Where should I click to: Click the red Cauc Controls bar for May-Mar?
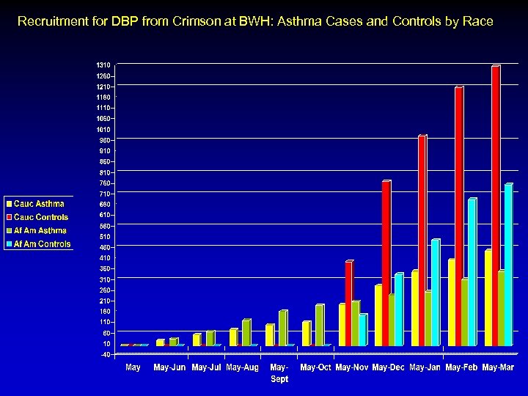pos(496,205)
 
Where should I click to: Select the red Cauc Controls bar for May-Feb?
pos(459,216)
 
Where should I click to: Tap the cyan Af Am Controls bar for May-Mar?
pos(508,264)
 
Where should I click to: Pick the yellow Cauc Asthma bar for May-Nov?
pos(342,324)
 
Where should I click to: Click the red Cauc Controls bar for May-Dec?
pos(386,263)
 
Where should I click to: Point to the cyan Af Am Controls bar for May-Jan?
pos(435,292)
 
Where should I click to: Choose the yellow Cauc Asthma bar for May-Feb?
pos(452,301)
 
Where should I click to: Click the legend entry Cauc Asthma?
pos(39,204)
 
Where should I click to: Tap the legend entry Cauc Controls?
pos(41,217)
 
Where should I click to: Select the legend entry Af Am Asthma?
pos(40,231)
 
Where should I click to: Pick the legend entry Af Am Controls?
pos(43,244)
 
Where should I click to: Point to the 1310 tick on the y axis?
pos(103,65)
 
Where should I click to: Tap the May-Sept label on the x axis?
pos(279,373)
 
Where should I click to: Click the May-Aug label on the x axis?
pos(242,367)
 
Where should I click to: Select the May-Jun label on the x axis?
pos(169,367)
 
